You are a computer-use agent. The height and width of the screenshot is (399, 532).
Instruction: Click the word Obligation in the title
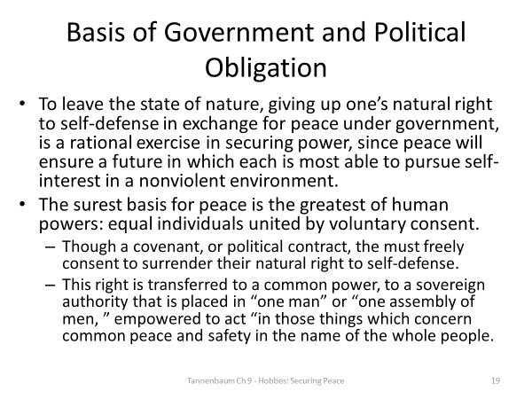pyautogui.click(x=266, y=68)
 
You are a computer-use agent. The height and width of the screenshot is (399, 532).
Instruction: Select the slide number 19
pyautogui.click(x=496, y=381)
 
